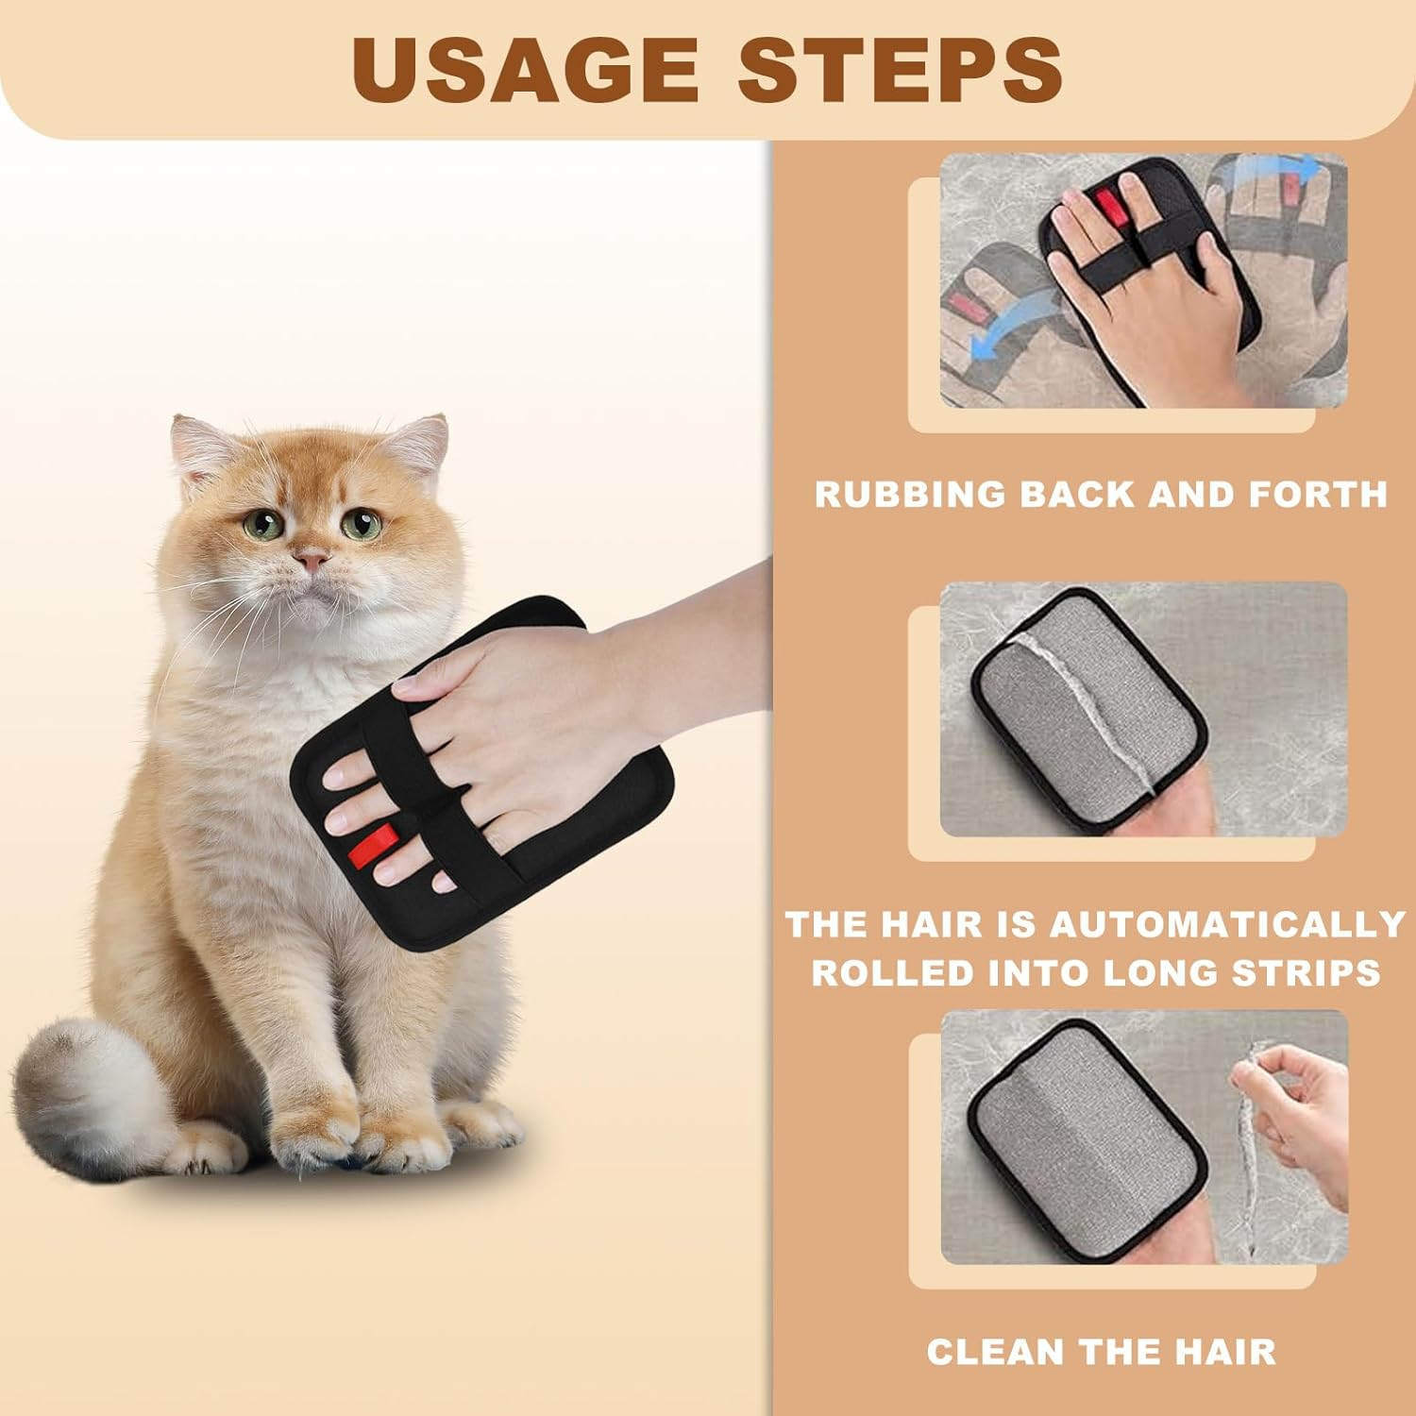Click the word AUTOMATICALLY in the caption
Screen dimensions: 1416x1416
click(x=1227, y=924)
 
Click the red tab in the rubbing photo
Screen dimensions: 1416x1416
click(x=1107, y=203)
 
